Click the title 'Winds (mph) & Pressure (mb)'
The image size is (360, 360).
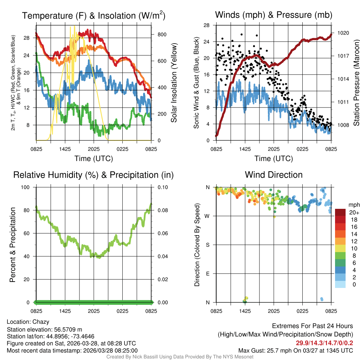[274, 15]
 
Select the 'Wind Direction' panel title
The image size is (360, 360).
[274, 175]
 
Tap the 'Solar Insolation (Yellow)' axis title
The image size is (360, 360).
[174, 83]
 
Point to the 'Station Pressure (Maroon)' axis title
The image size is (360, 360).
[356, 83]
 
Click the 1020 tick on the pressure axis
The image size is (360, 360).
[342, 33]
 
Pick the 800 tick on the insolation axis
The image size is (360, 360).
[162, 34]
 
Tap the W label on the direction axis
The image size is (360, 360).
[208, 216]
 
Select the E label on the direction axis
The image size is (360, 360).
[208, 274]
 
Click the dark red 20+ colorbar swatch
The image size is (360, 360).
[340, 212]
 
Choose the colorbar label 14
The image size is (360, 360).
[353, 233]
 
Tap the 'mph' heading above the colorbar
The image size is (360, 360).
[353, 205]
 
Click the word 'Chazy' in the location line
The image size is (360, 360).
[41, 322]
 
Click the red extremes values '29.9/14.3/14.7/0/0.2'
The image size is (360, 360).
[324, 343]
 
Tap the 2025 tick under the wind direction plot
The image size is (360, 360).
[274, 311]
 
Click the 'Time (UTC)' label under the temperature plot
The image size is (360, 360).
[94, 159]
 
